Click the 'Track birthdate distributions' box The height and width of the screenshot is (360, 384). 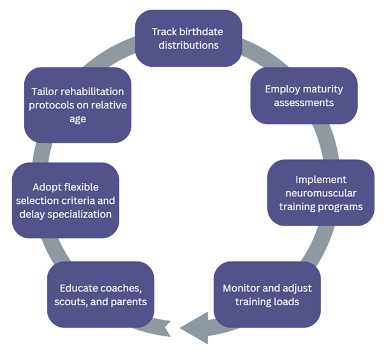tap(188, 38)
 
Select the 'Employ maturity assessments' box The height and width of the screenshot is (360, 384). tap(303, 95)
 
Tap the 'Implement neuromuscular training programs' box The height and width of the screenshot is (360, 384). tap(320, 192)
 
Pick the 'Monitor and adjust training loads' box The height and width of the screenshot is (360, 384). tap(267, 294)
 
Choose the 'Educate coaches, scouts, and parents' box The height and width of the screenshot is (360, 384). tap(100, 293)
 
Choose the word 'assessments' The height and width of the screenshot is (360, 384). tap(304, 102)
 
